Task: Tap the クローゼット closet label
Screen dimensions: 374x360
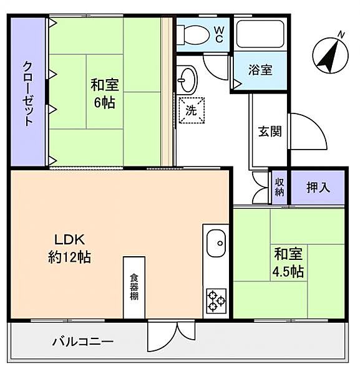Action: tap(28, 93)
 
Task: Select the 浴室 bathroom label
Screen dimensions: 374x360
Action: tap(260, 70)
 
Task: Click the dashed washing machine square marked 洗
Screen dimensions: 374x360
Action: tap(191, 111)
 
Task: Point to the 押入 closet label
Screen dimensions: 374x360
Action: tap(318, 186)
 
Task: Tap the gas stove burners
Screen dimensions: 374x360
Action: tap(216, 301)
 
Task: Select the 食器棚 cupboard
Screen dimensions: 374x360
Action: tap(134, 287)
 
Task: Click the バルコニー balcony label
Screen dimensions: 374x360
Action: tap(82, 342)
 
